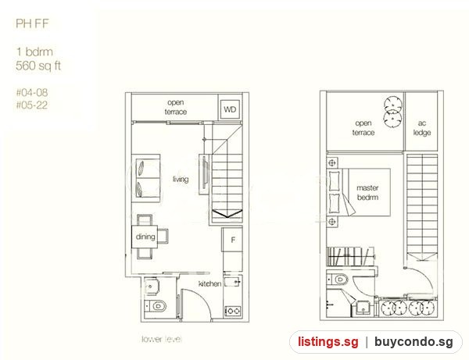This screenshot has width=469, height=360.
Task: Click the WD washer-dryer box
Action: point(230,109)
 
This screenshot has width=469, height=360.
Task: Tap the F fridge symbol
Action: point(232,239)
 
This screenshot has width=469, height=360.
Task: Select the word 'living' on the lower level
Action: point(181,179)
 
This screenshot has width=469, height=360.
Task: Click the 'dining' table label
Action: point(145,237)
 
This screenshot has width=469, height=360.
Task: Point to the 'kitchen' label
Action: point(210,283)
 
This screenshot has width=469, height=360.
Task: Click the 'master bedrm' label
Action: point(367,192)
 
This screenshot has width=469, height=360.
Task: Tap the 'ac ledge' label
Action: point(422,128)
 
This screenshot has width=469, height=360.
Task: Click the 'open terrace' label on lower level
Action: point(176,107)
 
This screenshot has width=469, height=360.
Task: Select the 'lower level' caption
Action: point(162,339)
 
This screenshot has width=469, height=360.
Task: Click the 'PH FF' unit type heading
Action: point(32,23)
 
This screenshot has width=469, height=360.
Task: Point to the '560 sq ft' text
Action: point(38,66)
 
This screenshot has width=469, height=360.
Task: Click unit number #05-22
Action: point(32,105)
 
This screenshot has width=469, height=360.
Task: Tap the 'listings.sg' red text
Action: point(328,341)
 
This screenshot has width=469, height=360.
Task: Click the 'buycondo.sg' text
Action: point(414,341)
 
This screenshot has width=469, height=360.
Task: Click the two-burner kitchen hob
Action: point(232,311)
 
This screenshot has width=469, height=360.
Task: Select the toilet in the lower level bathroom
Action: point(156,306)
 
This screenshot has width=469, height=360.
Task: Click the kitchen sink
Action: point(232,282)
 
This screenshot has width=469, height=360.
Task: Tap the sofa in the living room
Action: point(146,178)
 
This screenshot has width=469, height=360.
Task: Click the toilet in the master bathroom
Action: point(338,280)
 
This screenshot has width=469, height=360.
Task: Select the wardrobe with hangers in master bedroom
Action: point(350,256)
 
